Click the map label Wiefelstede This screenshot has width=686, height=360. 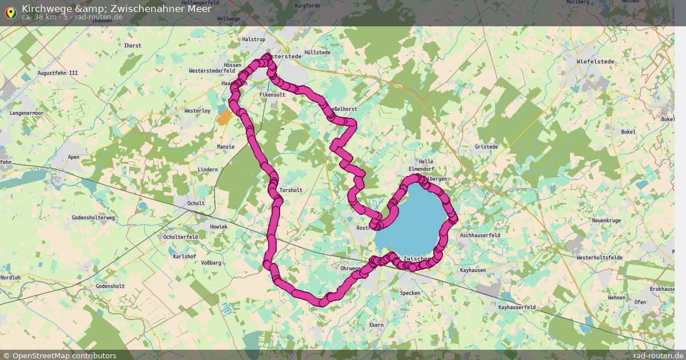point(596,61)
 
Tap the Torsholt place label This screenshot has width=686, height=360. point(291,190)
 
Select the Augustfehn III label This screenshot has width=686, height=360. point(57,73)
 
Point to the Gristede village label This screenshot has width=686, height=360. point(486,147)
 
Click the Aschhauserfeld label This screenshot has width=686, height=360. point(480,235)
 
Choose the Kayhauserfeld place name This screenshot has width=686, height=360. point(517,307)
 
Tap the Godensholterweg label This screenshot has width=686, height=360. point(94,218)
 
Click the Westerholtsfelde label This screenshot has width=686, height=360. point(599,258)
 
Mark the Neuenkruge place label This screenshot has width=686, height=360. point(606,221)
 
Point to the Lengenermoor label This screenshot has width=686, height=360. point(27,113)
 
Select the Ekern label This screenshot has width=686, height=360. point(376,325)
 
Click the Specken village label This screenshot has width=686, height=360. point(410,293)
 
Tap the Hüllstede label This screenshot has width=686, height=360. point(317,53)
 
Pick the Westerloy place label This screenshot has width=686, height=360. point(197,111)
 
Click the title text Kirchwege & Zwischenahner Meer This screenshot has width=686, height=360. point(117,9)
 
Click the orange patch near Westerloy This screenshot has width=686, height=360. point(224,117)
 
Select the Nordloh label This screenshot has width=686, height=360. point(10,278)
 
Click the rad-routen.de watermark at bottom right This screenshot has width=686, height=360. point(658,355)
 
